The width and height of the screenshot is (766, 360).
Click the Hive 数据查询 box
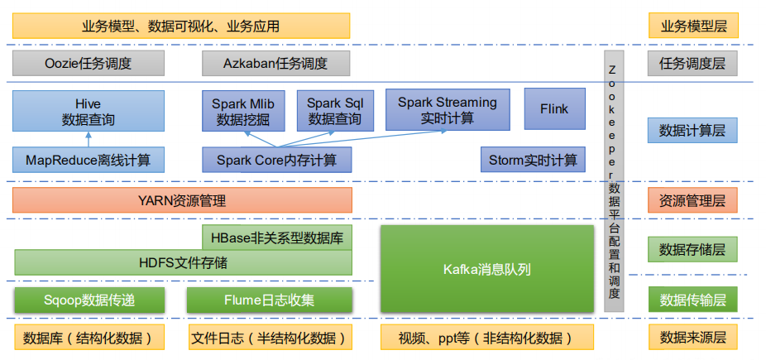tap(89, 112)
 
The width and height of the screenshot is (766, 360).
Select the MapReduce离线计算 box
tap(89, 159)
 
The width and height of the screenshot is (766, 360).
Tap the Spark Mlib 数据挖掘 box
tap(242, 112)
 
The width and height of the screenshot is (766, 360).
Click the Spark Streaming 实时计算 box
tap(448, 109)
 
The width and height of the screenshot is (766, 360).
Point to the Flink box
tap(553, 109)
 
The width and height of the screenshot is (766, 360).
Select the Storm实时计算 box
tap(533, 160)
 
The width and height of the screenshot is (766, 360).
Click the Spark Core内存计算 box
tap(276, 160)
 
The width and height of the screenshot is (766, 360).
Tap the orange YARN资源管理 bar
tap(182, 200)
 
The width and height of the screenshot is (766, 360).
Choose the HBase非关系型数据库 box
tap(276, 238)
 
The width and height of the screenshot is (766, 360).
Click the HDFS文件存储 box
tap(183, 263)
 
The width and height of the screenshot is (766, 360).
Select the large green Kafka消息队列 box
tap(486, 269)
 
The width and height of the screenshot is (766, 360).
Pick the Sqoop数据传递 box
tap(89, 300)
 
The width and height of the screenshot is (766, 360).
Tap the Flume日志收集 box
tap(269, 300)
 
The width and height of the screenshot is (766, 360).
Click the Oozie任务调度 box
tap(89, 63)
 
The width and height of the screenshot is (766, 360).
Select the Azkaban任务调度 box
tap(275, 63)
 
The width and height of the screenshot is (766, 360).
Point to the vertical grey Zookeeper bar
tap(613, 182)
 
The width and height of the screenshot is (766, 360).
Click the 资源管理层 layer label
tap(692, 200)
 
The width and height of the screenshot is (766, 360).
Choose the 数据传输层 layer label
tap(692, 300)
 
